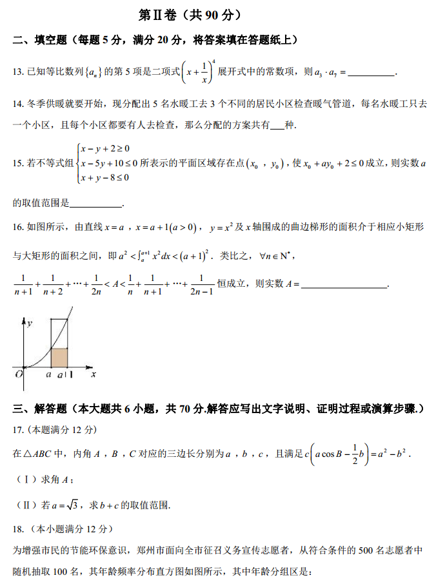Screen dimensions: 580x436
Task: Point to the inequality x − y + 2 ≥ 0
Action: (104, 148)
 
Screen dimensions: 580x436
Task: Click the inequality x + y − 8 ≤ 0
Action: (104, 177)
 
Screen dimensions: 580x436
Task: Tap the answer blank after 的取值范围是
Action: (95, 204)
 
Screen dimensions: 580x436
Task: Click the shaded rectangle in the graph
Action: (59, 357)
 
